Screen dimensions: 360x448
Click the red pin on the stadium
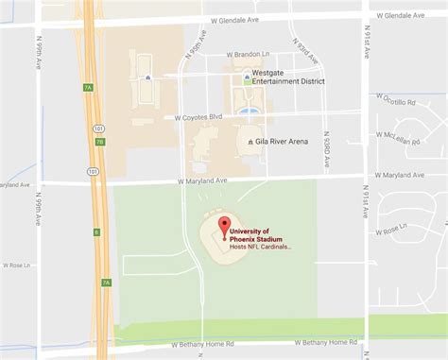[225, 226]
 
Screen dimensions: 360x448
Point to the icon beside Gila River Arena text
[250, 142]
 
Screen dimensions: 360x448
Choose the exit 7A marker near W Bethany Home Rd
[106, 282]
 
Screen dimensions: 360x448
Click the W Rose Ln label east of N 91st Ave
[388, 228]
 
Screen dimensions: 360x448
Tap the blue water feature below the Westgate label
[249, 111]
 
